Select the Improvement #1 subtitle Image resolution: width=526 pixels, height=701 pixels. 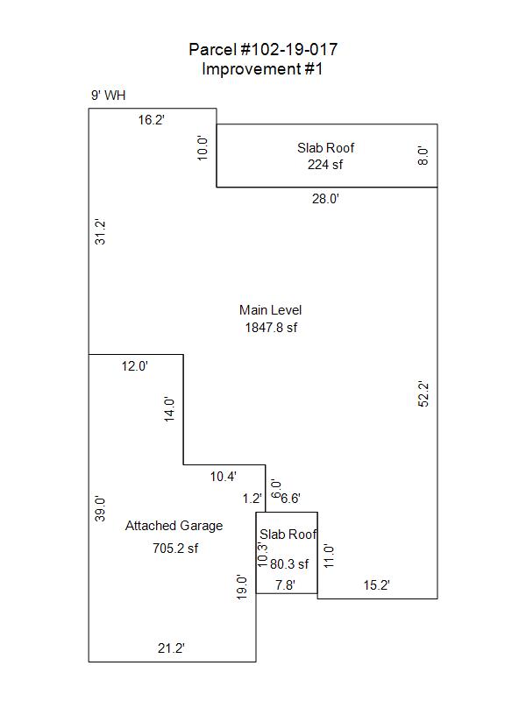[x=262, y=69]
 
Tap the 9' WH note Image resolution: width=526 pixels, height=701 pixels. [x=108, y=96]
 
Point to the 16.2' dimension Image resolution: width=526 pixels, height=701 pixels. [x=151, y=120]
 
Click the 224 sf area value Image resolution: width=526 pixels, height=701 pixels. [x=325, y=165]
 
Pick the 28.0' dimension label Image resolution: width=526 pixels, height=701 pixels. [x=325, y=199]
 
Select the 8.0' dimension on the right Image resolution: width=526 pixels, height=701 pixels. [x=423, y=156]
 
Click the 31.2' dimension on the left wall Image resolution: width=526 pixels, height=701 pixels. [x=100, y=232]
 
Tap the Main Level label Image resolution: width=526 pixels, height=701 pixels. [x=271, y=310]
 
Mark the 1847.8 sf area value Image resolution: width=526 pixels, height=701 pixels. [x=271, y=328]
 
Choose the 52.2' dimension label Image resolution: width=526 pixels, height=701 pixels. [x=423, y=393]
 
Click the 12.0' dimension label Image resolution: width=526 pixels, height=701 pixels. [x=135, y=366]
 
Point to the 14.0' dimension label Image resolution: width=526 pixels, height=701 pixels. [x=169, y=409]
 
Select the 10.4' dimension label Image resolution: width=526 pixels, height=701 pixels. [x=224, y=477]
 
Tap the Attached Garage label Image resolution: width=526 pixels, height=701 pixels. [x=174, y=526]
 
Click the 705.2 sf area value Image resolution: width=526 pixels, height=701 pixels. [x=175, y=549]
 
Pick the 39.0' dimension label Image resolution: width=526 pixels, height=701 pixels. [x=100, y=509]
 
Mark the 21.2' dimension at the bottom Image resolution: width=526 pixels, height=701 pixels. [x=171, y=648]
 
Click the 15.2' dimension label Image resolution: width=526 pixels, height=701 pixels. [x=377, y=585]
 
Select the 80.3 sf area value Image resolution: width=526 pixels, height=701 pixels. [x=289, y=564]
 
